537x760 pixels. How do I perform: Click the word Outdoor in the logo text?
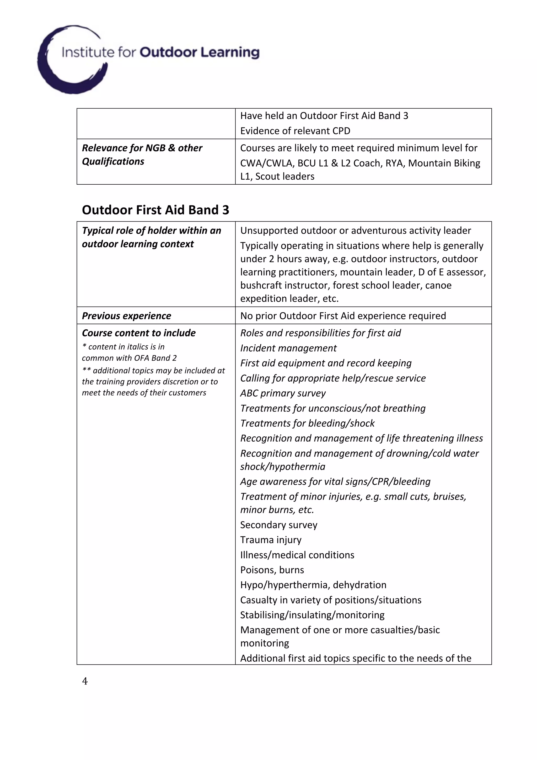point(168,52)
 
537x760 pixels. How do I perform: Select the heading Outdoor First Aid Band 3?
point(155,210)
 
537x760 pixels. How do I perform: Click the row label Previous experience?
point(126,316)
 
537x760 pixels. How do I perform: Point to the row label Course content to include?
point(139,333)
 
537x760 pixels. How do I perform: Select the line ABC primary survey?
point(283,393)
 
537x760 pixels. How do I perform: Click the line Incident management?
point(288,348)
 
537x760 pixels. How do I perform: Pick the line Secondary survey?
point(278,525)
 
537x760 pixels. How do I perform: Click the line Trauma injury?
point(271,540)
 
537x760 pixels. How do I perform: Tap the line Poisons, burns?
point(272,570)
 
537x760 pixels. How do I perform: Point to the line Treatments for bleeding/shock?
point(307,423)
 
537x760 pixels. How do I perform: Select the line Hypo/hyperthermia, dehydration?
point(313,585)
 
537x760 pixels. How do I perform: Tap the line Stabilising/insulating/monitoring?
point(312,615)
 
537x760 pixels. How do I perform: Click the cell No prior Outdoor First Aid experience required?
point(343,316)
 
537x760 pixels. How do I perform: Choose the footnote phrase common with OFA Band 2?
point(129,358)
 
